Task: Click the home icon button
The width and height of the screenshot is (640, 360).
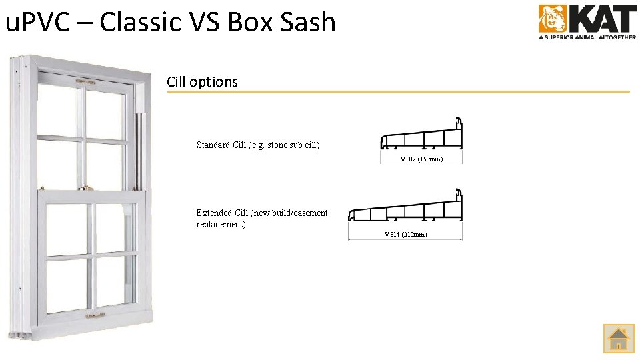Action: (x=619, y=338)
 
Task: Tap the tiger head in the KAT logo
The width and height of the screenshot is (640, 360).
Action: (x=552, y=19)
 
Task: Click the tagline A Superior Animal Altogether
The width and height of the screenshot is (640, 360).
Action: (x=587, y=38)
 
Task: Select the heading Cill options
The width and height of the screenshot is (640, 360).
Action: (x=202, y=82)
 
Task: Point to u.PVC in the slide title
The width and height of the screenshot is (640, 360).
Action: (x=45, y=22)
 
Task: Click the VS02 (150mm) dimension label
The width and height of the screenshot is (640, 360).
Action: (x=421, y=159)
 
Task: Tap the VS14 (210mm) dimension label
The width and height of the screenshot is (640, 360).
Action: (x=405, y=234)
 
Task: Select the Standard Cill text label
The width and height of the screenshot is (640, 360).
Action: (x=258, y=145)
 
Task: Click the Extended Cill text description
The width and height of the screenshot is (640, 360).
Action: (x=262, y=219)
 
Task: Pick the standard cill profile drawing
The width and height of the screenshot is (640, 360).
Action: (x=421, y=137)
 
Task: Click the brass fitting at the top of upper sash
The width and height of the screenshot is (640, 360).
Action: (x=83, y=83)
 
